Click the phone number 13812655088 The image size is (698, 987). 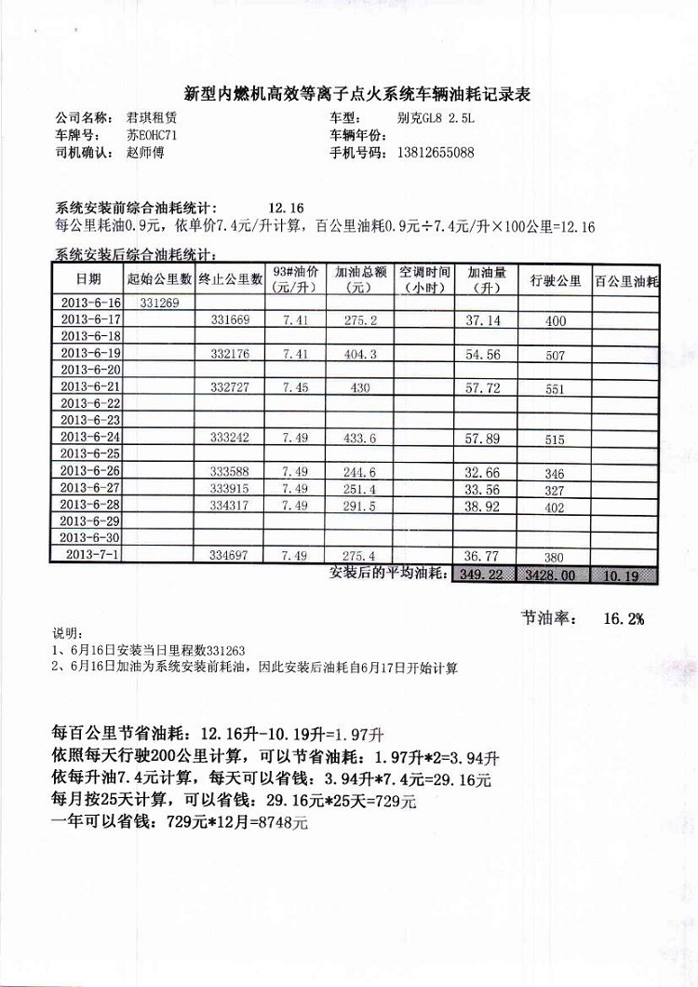point(435,154)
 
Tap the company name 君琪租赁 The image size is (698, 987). point(154,118)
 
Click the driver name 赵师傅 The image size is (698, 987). point(144,154)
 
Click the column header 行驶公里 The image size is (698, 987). point(556,280)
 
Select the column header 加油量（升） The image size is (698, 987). point(487,280)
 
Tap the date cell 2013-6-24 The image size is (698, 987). point(89,437)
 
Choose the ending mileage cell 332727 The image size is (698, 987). point(230,387)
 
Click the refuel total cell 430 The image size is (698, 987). point(360,387)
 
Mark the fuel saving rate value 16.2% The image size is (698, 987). point(624,617)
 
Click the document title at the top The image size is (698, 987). point(357,93)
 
